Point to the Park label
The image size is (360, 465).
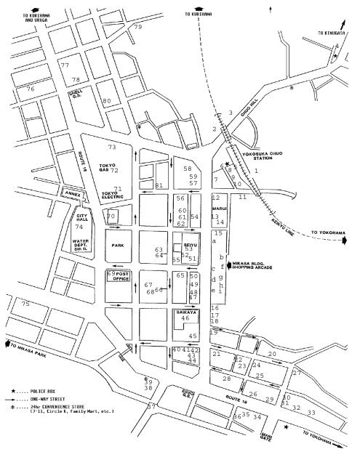pos(118,246)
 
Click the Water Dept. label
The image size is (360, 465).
pos(87,246)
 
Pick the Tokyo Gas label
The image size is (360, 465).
pos(108,168)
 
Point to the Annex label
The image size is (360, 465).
pos(73,193)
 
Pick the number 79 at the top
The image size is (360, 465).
pos(138,27)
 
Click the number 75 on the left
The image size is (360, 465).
pos(26,304)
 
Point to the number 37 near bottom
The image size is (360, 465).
pos(151,407)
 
